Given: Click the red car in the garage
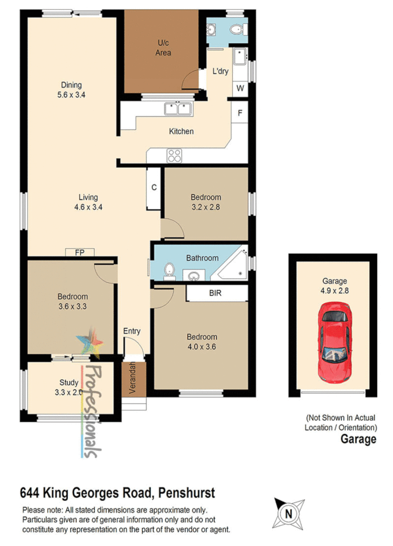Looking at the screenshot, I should point(334,342).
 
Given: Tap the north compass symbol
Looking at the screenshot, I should point(288,513).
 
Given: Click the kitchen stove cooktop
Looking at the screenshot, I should point(174,155).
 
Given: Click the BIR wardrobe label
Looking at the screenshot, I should point(215,293).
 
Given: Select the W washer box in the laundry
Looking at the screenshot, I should point(240,88).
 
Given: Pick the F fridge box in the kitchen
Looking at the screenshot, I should point(240,112).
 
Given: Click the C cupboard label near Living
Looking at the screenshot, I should point(154,187).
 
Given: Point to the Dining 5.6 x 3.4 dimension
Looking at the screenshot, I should point(71,94).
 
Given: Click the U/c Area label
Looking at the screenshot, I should point(162,48).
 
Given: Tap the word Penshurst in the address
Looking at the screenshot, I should point(186,492).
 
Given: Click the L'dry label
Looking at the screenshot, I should point(220,71).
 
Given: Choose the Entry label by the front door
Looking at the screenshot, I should point(132,331).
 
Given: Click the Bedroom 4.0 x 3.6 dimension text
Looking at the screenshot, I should point(202,346).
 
